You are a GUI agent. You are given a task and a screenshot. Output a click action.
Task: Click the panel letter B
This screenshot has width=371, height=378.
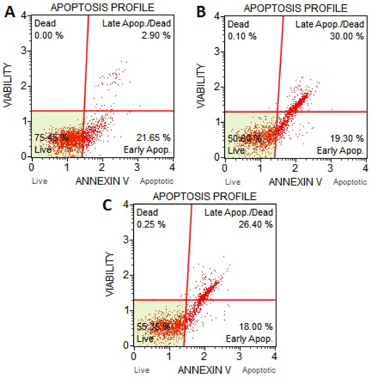pos(201,12)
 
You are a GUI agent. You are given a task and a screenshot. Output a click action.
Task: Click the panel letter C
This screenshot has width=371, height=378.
pos(107,205)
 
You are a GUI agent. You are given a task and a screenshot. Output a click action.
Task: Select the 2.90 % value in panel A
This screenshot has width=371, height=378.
pos(156,35)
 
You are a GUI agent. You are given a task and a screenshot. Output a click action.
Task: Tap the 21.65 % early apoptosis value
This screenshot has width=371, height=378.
pos(153,138)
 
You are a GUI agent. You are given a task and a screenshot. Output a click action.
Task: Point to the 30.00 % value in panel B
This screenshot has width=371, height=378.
pos(347,36)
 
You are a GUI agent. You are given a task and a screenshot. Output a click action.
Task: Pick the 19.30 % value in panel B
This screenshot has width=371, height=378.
pos(347,138)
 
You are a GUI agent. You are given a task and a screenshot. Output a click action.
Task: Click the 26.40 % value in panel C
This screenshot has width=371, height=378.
pos(255,225)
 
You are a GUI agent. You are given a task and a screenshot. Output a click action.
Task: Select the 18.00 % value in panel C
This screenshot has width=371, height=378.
pos(255,327)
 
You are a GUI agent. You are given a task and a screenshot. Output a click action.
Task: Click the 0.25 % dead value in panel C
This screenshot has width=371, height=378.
pos(151,225)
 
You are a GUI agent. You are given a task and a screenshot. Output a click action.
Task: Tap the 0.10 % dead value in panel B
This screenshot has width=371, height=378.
pos(242,36)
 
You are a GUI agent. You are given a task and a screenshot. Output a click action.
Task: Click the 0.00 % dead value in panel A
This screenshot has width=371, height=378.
pos(49,35)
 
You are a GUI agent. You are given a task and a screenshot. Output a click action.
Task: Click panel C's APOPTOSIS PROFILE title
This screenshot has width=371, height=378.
pos(204,196)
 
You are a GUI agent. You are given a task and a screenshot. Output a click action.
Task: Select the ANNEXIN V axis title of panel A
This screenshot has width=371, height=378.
pos(102,181)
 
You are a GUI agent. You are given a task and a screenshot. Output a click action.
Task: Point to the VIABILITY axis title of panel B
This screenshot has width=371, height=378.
pos(201,86)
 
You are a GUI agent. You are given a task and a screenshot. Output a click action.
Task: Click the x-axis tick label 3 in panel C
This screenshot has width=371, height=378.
pos(239,357)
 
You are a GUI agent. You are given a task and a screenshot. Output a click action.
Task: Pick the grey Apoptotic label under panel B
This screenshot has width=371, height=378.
pos(350,182)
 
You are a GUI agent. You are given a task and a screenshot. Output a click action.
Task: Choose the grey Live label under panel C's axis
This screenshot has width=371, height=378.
pos(142,370)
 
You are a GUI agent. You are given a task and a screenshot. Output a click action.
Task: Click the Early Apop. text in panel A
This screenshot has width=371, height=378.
pos(147,150)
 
